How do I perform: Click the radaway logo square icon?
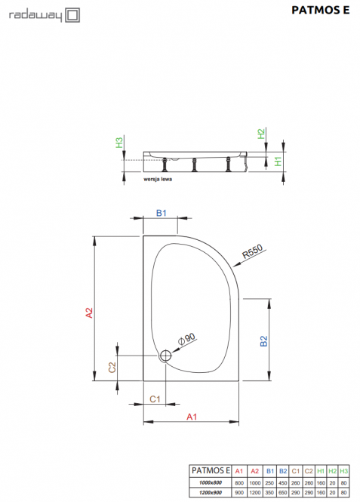point(72,15)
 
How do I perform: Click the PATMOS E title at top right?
point(320,11)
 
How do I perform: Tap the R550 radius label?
point(253,251)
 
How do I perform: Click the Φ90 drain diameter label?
point(186,339)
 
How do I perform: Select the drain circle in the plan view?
point(165,356)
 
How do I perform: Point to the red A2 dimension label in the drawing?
point(89,313)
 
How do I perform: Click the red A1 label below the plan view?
point(192,417)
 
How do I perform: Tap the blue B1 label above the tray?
point(162,213)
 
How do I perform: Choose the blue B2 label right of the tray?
point(263,341)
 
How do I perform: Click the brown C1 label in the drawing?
point(155,399)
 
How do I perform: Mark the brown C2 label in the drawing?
point(112,368)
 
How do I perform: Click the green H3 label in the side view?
point(119,143)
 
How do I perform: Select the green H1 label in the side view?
point(278,162)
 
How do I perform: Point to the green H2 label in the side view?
point(261,134)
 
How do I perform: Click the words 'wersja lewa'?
point(158,180)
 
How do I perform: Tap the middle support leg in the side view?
point(194,165)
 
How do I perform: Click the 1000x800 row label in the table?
point(211,483)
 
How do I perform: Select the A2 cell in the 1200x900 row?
point(255,492)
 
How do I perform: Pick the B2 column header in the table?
point(283,471)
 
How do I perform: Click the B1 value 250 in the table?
point(269,483)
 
